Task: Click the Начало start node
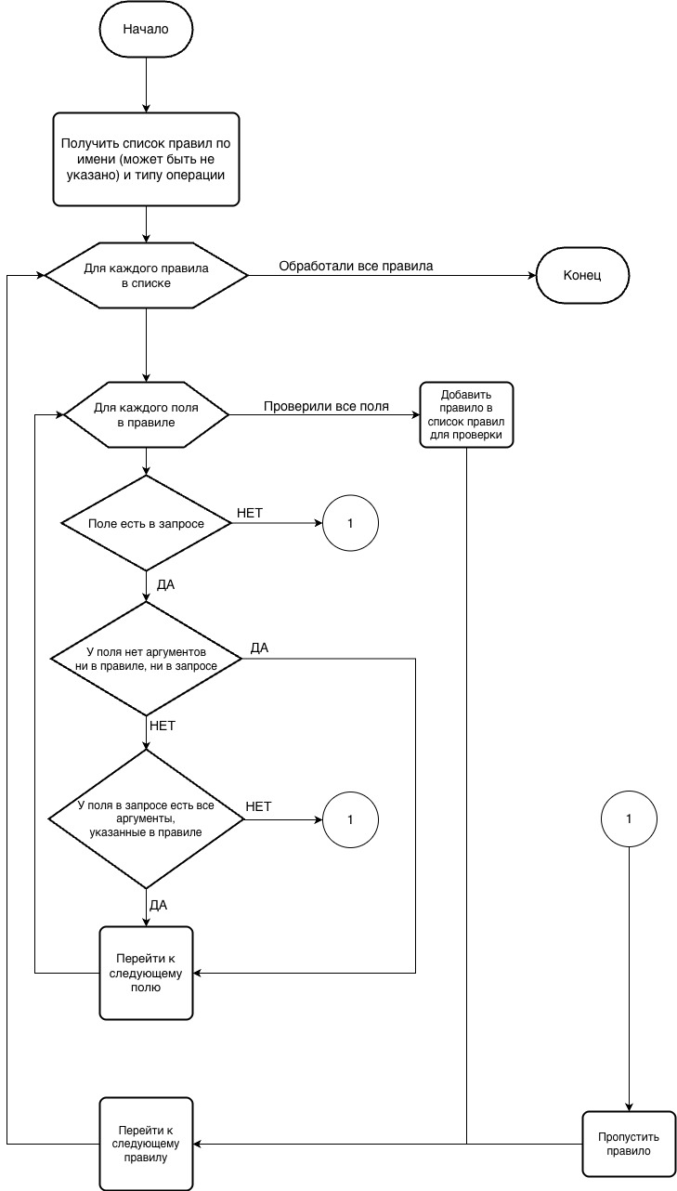pyautogui.click(x=146, y=29)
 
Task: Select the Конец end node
pyautogui.click(x=582, y=276)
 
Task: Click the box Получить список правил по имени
pyautogui.click(x=146, y=159)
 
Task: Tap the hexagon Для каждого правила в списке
pyautogui.click(x=146, y=276)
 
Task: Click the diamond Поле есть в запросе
pyautogui.click(x=146, y=524)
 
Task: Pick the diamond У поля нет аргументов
pyautogui.click(x=146, y=660)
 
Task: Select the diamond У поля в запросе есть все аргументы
pyautogui.click(x=146, y=818)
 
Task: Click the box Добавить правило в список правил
pyautogui.click(x=466, y=414)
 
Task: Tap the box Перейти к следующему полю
pyautogui.click(x=146, y=973)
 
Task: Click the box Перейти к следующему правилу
pyautogui.click(x=146, y=1143)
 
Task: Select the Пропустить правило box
pyautogui.click(x=629, y=1143)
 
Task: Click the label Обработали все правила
pyautogui.click(x=356, y=267)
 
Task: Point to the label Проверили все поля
pyautogui.click(x=326, y=406)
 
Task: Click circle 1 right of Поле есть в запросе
pyautogui.click(x=350, y=524)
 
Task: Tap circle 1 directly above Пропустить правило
pyautogui.click(x=629, y=819)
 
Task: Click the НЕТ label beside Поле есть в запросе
pyautogui.click(x=250, y=513)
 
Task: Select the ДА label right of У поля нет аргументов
pyautogui.click(x=259, y=648)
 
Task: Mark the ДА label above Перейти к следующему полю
pyautogui.click(x=158, y=904)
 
